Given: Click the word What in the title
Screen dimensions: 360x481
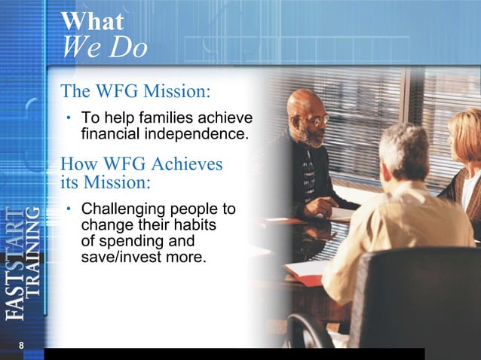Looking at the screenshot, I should point(92,21).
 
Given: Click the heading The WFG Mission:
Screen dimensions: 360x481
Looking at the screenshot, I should point(133,92).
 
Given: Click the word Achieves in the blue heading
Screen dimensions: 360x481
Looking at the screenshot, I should point(186,163).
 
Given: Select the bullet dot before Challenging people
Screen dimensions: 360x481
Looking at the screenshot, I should point(68,209).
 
